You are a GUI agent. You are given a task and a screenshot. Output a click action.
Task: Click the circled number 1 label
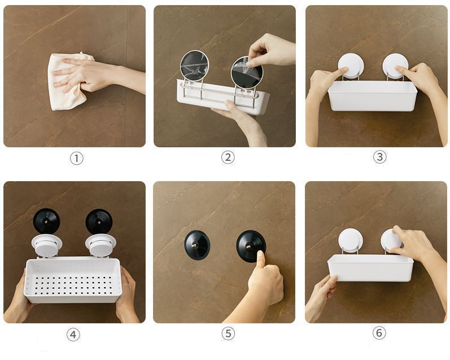(77, 158)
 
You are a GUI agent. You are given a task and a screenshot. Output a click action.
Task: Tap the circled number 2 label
(228, 157)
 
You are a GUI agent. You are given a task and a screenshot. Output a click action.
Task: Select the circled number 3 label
(379, 157)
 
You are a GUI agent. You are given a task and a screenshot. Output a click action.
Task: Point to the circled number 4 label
(73, 335)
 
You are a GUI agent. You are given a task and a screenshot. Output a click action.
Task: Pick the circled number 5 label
(228, 333)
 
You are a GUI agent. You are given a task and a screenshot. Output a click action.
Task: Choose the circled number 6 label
(379, 333)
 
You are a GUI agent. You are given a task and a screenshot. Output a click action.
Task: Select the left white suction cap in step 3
(351, 67)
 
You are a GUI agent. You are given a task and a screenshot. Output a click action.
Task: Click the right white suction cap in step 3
(395, 66)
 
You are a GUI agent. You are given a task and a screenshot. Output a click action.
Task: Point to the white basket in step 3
(373, 96)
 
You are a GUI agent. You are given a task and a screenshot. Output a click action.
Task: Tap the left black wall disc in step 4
(46, 221)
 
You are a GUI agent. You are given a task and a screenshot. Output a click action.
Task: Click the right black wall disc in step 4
(99, 221)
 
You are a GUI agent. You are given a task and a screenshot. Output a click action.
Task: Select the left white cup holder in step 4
(47, 245)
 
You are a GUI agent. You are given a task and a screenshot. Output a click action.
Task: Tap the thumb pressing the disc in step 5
(261, 260)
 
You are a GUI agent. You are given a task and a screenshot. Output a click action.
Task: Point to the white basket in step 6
(370, 268)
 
